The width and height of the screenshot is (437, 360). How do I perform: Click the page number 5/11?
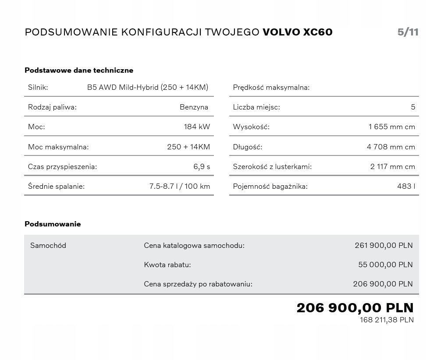click(408, 32)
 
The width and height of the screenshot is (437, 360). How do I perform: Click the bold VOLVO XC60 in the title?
click(297, 32)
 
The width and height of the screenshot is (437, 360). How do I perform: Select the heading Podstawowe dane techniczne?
click(79, 70)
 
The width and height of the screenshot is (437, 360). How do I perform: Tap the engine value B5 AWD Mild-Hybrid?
click(147, 87)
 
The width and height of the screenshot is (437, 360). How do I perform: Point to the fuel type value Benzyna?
click(194, 107)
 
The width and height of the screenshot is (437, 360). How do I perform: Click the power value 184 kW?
click(197, 127)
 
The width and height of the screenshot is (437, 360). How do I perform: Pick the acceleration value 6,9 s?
click(202, 166)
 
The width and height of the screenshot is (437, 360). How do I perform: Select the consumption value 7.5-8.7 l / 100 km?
click(179, 187)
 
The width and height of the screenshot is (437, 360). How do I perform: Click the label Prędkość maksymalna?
click(271, 87)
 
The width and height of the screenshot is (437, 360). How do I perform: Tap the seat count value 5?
click(413, 107)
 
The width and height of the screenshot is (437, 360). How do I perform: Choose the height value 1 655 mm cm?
click(391, 127)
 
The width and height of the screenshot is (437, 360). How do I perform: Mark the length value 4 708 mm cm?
click(391, 147)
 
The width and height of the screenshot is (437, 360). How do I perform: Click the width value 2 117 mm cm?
click(392, 166)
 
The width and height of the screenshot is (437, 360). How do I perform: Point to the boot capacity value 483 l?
click(406, 187)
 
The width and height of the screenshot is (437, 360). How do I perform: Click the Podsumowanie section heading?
click(53, 224)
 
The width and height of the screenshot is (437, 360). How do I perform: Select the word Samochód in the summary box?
click(48, 245)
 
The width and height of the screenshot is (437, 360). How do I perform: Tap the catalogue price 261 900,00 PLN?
click(384, 245)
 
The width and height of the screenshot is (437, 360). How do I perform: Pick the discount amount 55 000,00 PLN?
click(385, 265)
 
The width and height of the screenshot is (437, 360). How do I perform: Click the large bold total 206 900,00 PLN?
click(355, 307)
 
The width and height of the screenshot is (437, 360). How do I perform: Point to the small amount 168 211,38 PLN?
click(387, 320)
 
